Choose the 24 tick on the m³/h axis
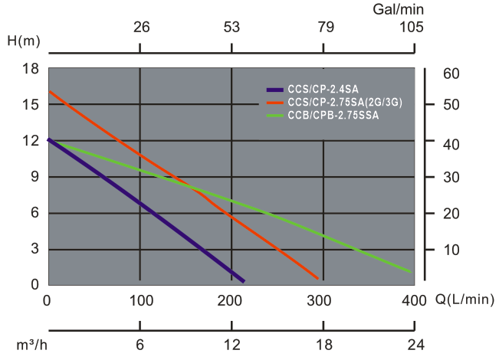[x=414, y=343]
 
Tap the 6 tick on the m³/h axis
[x=140, y=343]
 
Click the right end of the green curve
[x=412, y=271]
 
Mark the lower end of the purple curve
[x=243, y=280]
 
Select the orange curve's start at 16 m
[x=50, y=92]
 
